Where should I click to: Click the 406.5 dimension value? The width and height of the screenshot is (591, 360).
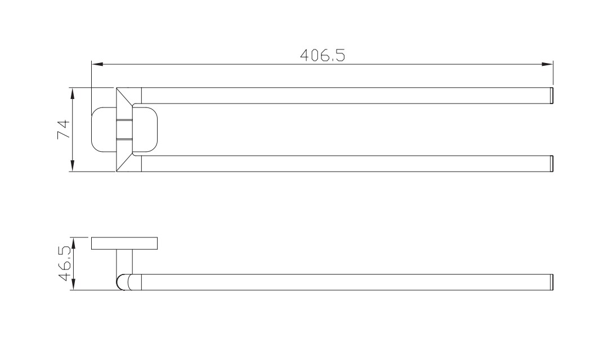pyautogui.click(x=323, y=55)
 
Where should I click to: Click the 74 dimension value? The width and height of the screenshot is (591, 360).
pyautogui.click(x=64, y=129)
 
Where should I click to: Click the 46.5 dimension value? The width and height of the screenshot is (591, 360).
pyautogui.click(x=65, y=264)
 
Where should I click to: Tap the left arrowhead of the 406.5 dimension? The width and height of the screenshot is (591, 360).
pyautogui.click(x=97, y=64)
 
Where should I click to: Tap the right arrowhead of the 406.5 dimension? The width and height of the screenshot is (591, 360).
pyautogui.click(x=547, y=64)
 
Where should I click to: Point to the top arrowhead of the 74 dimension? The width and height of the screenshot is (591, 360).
pyautogui.click(x=73, y=93)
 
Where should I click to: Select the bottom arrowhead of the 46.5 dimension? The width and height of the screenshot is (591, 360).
pyautogui.click(x=74, y=284)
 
